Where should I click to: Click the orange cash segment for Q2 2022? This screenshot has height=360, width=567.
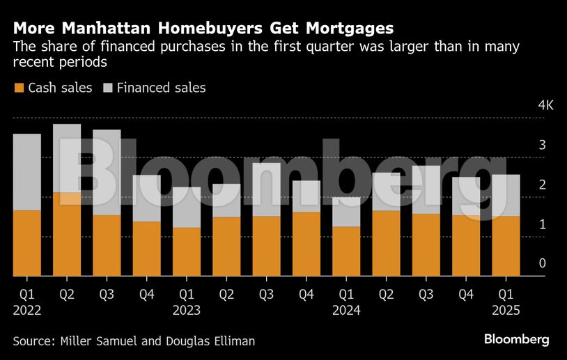(x=67, y=234)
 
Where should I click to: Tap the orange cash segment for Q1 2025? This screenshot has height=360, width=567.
(x=506, y=246)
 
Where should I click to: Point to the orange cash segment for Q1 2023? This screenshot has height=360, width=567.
(x=187, y=251)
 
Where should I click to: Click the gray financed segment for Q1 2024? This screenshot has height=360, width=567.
(x=346, y=212)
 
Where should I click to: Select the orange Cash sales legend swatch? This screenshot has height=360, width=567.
(x=19, y=88)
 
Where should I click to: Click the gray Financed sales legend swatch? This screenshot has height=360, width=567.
(x=108, y=88)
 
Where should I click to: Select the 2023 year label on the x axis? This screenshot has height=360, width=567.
(x=187, y=311)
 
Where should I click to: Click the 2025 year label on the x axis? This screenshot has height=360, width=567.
(x=506, y=311)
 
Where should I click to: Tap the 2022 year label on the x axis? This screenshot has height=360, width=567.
(x=27, y=311)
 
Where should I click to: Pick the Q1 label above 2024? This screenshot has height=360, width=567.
(x=346, y=295)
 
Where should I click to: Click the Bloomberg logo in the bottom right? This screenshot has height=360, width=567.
(x=516, y=339)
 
